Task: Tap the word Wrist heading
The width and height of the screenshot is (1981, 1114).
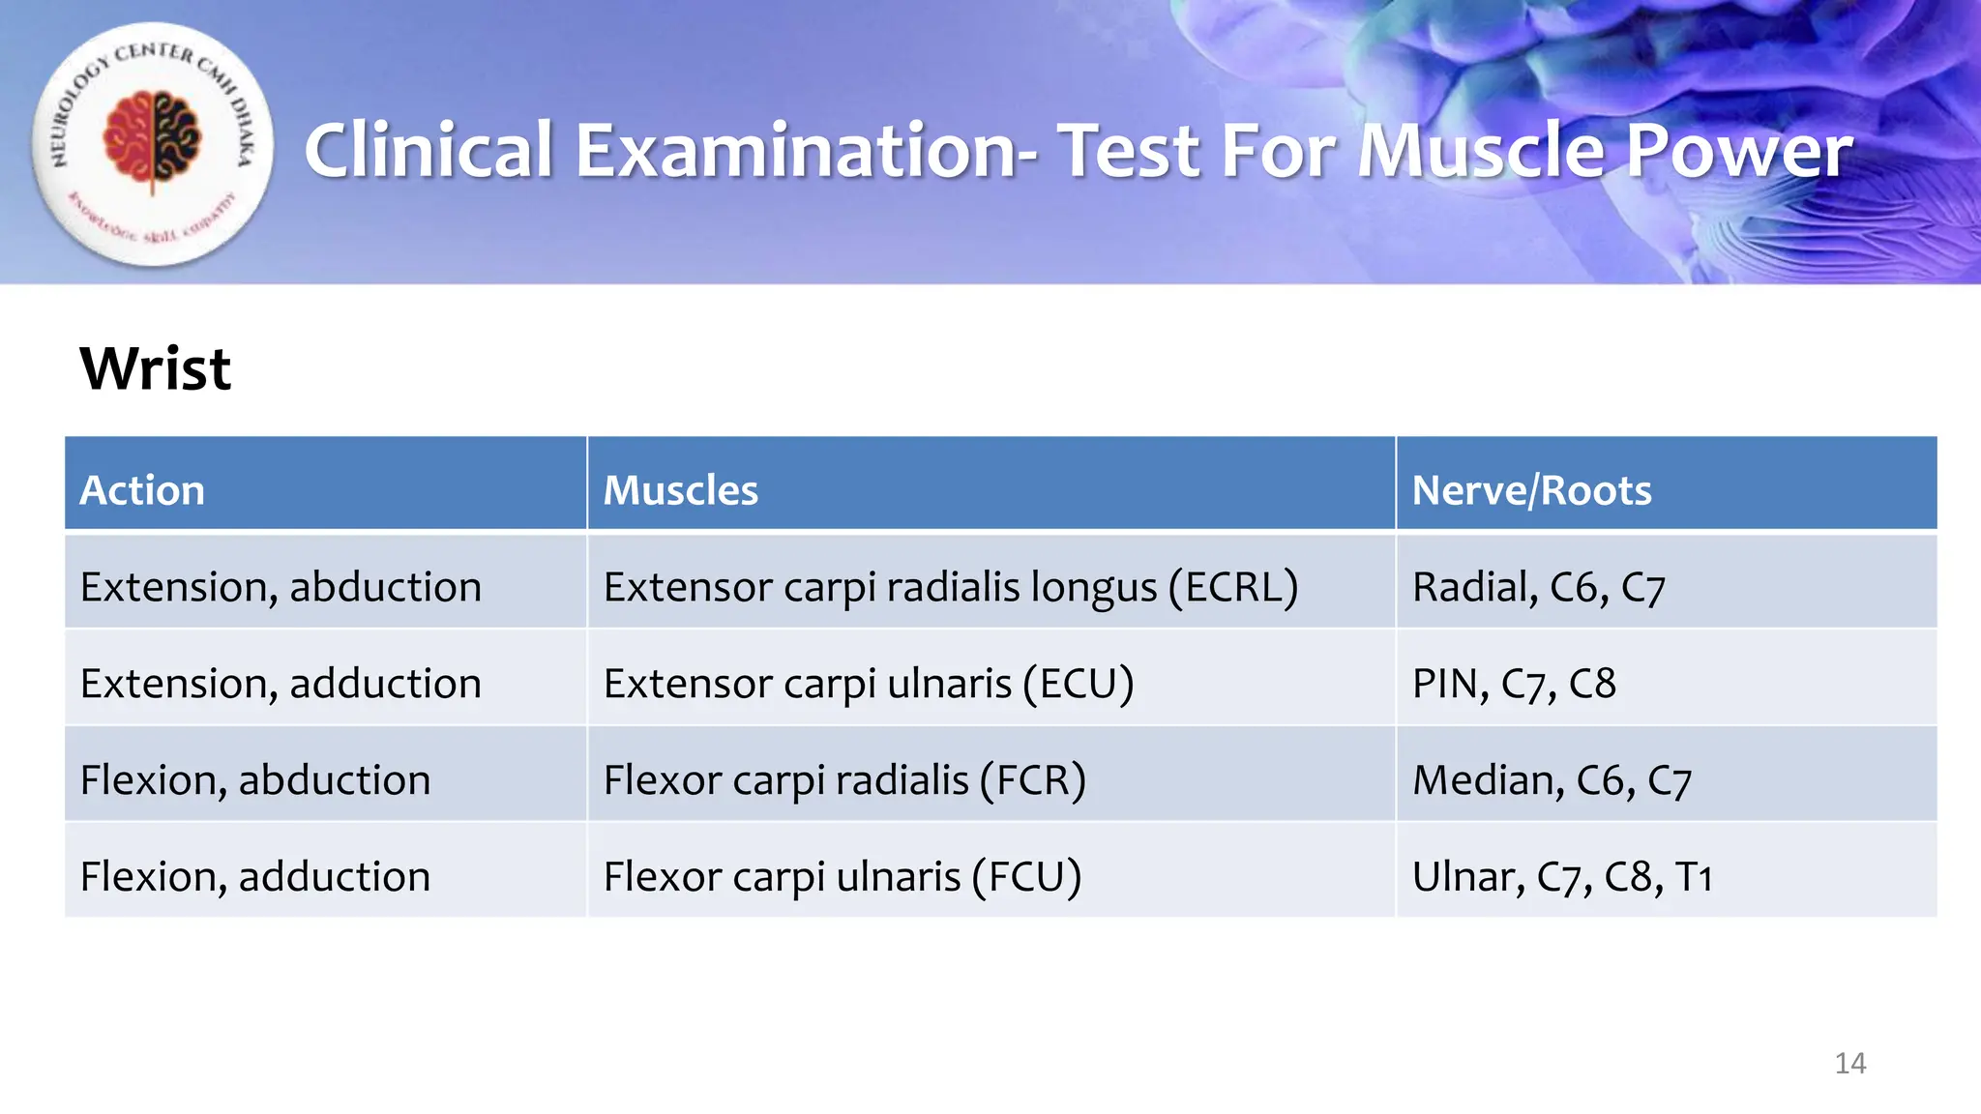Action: tap(155, 368)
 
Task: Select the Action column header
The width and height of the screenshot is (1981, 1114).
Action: tap(142, 490)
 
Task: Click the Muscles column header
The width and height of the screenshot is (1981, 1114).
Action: tap(680, 490)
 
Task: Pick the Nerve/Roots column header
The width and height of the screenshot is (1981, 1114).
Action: tap(1531, 490)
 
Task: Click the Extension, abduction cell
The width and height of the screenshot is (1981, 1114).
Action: tap(281, 587)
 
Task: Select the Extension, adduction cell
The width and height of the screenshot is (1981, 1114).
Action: tap(281, 684)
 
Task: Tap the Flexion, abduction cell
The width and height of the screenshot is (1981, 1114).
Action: tap(255, 780)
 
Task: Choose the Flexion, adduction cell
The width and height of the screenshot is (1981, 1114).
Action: tap(255, 877)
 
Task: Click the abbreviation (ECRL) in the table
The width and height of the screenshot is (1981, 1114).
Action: tap(1233, 587)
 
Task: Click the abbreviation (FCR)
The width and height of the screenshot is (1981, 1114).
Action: tap(1032, 780)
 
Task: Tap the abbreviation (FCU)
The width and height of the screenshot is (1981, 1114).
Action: tap(1027, 877)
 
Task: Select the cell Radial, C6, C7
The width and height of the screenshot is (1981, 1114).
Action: tap(1538, 587)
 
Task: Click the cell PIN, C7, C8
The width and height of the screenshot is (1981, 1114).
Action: tap(1514, 684)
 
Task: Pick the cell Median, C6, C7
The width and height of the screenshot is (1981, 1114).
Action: tap(1552, 780)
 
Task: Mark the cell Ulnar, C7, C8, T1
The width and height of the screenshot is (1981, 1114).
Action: tap(1562, 877)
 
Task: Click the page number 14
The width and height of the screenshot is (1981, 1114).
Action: tap(1849, 1064)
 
